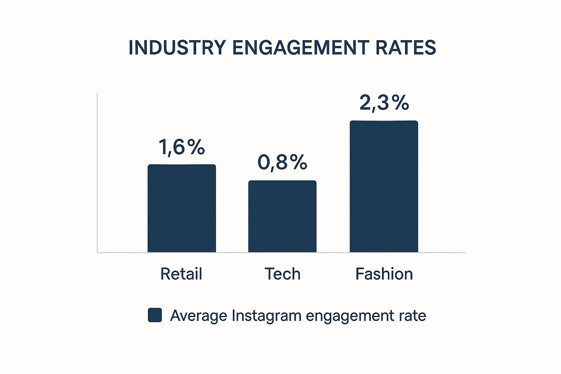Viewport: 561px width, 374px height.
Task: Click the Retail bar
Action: coord(182,208)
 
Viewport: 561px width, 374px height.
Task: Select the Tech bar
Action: coord(282,216)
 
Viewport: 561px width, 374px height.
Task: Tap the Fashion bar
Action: coord(384,186)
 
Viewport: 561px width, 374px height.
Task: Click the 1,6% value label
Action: coord(182,147)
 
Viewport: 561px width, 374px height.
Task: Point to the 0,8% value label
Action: coord(282,163)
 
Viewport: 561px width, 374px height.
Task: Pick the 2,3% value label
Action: coord(384,103)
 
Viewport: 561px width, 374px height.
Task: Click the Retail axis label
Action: coord(181,274)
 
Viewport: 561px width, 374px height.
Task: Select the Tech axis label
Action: coord(282,274)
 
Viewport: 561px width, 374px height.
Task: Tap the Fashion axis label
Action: coord(384,274)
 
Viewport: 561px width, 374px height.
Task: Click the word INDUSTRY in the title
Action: coord(177,48)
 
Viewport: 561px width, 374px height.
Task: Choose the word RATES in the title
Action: coord(406,48)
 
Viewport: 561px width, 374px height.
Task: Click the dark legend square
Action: coord(155,315)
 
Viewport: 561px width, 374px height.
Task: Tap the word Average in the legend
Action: coord(198,316)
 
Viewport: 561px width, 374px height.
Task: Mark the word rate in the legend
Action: coord(413,316)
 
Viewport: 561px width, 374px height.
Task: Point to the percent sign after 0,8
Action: coord(298,163)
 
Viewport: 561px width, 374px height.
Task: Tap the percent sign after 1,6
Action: coord(196,147)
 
